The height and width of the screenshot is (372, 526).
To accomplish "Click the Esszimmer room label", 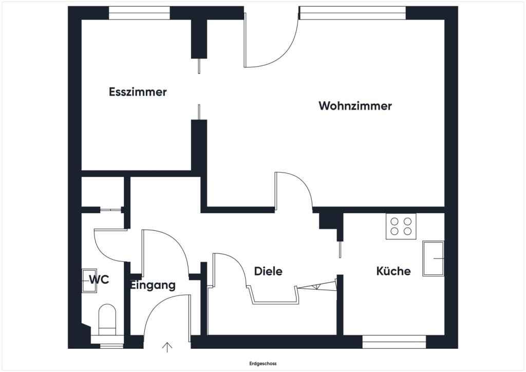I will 138,92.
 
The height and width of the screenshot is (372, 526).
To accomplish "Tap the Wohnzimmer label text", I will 355,106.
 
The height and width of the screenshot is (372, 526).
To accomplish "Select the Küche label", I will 393,271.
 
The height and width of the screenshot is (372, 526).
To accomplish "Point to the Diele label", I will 268,271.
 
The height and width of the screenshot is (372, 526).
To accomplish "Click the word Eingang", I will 153,285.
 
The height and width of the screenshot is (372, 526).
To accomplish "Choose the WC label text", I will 99,280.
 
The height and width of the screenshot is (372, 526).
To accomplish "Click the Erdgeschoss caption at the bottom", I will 262,363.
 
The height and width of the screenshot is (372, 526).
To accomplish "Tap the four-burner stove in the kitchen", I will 401,226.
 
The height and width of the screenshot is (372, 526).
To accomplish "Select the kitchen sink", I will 433,258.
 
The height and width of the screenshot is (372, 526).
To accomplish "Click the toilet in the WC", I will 107,319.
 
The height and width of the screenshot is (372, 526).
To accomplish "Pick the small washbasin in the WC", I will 89,281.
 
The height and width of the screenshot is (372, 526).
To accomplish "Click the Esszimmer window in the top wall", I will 139,12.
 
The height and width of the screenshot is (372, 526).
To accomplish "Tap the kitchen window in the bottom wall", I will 394,342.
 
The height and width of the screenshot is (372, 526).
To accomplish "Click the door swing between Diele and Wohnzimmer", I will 293,191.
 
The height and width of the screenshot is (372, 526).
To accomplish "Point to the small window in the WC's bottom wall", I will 108,346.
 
